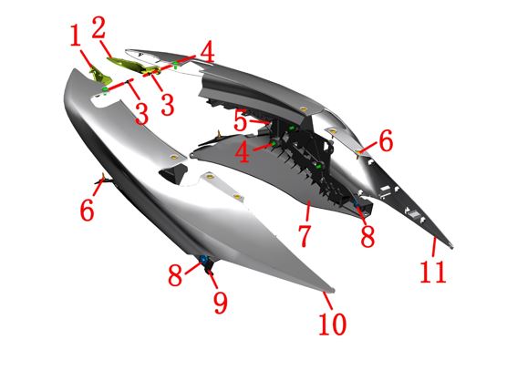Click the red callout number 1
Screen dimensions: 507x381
[x=76, y=36]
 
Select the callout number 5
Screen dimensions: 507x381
[x=240, y=120]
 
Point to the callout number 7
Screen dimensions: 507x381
[x=305, y=236]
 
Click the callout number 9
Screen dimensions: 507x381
[x=221, y=302]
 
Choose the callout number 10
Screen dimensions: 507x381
[x=333, y=324]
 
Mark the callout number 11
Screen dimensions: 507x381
[x=433, y=272]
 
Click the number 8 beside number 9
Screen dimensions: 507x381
[x=175, y=274]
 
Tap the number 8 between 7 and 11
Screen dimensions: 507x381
[x=367, y=236]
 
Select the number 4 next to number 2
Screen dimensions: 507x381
[x=207, y=52]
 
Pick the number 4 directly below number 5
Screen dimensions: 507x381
[x=243, y=152]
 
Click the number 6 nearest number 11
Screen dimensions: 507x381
[x=386, y=140]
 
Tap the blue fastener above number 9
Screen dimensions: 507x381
[x=203, y=259]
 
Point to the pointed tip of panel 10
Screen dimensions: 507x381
[x=333, y=290]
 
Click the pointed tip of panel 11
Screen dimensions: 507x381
[x=451, y=247]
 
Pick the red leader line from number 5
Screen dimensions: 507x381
[x=259, y=121]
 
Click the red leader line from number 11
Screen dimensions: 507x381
[x=434, y=247]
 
